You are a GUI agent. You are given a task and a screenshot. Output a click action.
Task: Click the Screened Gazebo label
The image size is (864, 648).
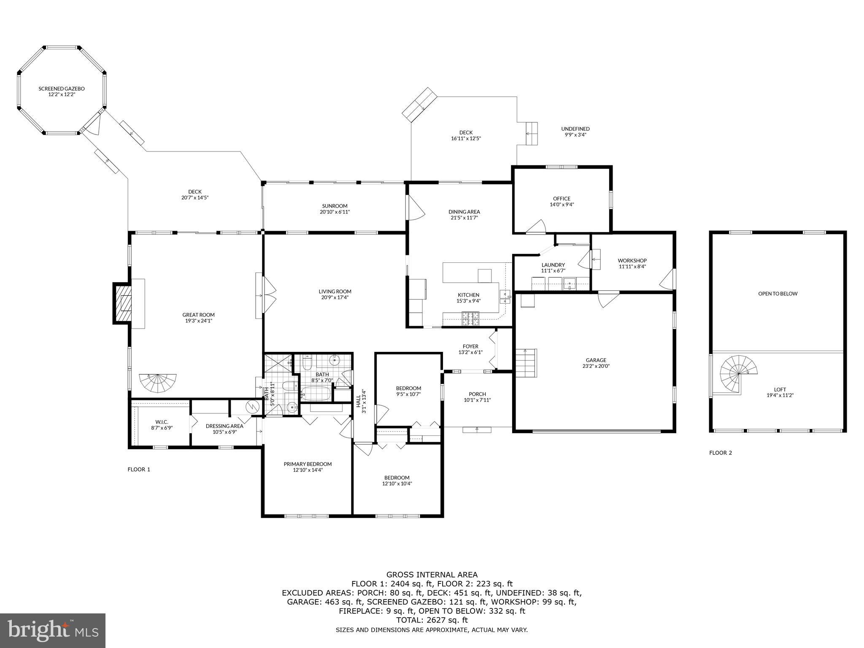[62, 89]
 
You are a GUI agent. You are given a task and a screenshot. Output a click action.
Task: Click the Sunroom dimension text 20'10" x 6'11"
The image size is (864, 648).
[335, 212]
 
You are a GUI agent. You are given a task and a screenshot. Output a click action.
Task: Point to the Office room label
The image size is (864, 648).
[562, 198]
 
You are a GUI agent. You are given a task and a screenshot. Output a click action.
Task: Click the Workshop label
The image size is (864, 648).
[632, 260]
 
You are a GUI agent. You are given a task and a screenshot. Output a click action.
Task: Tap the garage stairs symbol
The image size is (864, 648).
[525, 363]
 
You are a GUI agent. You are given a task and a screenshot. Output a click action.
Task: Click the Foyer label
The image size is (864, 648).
[470, 346]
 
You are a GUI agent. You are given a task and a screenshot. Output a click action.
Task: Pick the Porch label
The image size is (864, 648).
[477, 394]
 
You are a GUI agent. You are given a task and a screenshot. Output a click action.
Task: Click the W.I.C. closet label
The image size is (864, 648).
[162, 422]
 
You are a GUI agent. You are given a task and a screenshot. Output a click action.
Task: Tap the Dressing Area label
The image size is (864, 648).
[224, 426]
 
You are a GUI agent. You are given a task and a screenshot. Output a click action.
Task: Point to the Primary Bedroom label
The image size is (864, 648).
[308, 464]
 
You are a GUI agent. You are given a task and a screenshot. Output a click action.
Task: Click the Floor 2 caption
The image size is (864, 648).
[721, 453]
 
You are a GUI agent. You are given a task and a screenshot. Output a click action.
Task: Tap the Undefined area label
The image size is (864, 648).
[575, 129]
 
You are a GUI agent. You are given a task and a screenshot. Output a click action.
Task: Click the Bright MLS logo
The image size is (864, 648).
[53, 630]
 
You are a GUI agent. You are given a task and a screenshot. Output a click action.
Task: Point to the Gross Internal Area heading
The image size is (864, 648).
[432, 575]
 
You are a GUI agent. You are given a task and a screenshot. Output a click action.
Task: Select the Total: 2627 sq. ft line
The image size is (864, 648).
[432, 620]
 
